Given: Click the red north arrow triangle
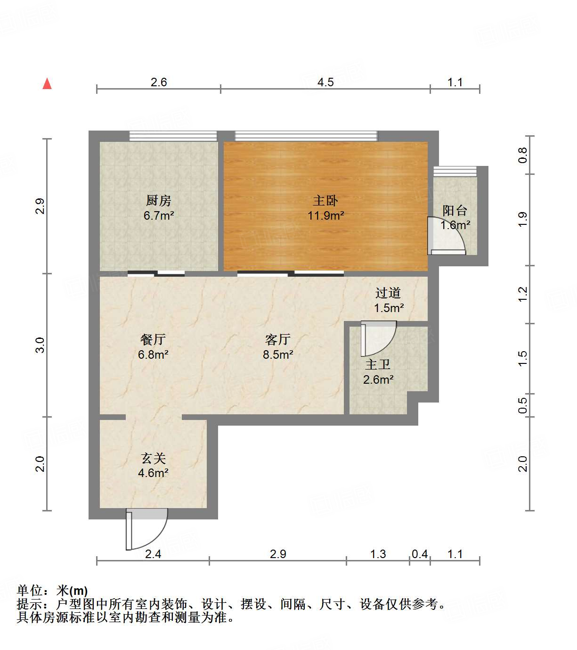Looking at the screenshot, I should click(47, 84).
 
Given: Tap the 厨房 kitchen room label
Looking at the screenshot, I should click(158, 201).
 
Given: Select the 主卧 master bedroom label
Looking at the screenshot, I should click(325, 201).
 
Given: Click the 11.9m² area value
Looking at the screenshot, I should click(325, 216).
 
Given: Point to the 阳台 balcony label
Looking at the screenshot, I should click(455, 211).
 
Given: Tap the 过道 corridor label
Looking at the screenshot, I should click(388, 293).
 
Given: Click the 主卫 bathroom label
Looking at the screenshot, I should click(378, 364).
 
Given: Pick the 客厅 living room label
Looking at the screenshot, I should click(278, 339).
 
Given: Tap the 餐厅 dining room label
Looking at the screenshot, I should click(153, 339).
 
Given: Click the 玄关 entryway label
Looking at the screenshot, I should click(154, 458).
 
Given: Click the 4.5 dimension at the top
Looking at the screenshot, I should click(325, 82).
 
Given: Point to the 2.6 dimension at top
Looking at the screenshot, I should click(159, 82).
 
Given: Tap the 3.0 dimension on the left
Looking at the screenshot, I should click(40, 345).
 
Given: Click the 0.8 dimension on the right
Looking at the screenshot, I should click(523, 155).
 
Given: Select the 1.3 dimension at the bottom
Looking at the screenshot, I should click(378, 554).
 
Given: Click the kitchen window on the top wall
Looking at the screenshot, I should click(173, 136).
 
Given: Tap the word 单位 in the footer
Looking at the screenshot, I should click(29, 590).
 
